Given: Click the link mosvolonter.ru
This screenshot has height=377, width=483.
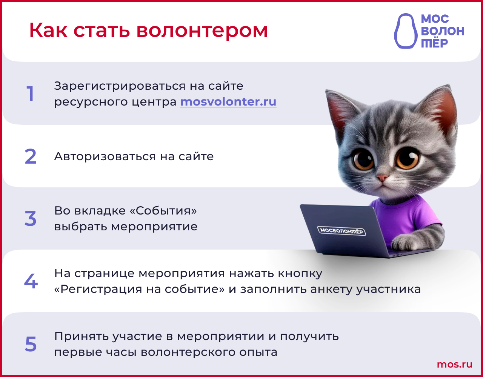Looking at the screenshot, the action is tap(228, 102).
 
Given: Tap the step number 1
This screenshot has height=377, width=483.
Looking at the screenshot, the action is tap(30, 94).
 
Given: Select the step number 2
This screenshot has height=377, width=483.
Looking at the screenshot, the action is tap(31, 156).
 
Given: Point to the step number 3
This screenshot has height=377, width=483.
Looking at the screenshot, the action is tap(31, 219).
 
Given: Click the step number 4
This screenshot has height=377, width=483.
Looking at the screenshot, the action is tap(31, 281).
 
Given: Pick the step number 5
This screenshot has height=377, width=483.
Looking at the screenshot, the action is tap(31, 344).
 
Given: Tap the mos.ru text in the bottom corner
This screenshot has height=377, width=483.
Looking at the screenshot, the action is tap(455, 365).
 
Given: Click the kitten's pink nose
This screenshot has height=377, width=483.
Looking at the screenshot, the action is tap(382, 178).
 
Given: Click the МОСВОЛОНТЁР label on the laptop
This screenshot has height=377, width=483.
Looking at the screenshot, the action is tap(341, 231).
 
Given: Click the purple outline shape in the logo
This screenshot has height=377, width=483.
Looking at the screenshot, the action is tap(406, 31).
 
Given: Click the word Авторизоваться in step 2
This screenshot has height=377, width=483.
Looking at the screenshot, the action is tap(105, 156).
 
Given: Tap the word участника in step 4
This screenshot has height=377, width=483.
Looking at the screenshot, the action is tap(388, 290).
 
